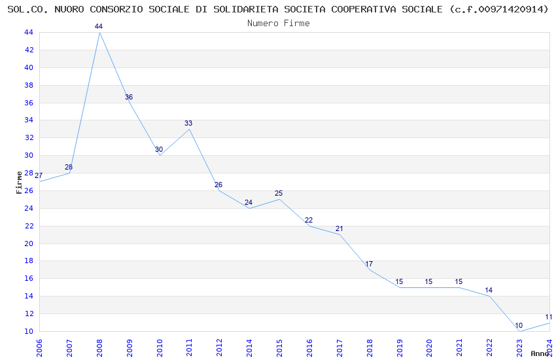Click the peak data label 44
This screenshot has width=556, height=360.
(99, 26)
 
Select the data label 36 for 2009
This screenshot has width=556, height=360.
(129, 97)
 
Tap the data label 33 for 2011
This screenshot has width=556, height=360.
(188, 123)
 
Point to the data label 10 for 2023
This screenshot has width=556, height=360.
(519, 325)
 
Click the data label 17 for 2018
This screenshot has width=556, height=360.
(369, 264)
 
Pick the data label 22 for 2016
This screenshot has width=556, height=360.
(309, 220)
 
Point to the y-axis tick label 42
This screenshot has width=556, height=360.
(29, 50)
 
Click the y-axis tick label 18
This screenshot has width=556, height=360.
(29, 261)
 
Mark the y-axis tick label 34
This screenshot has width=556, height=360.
(29, 120)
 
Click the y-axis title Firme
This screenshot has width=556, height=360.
(19, 182)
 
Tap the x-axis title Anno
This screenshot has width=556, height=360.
(540, 353)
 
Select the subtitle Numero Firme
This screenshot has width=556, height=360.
(278, 23)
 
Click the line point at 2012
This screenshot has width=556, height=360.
(219, 190)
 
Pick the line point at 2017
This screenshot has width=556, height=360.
(339, 234)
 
